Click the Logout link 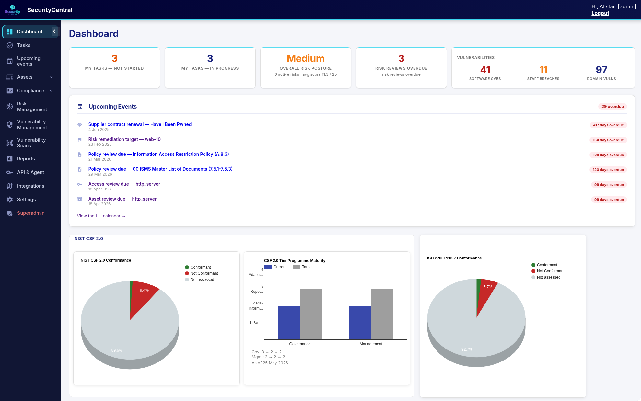[600, 13]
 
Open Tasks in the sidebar [24, 45]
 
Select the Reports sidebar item [26, 159]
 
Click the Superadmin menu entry [31, 213]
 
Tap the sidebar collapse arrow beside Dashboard [54, 31]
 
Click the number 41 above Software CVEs [485, 70]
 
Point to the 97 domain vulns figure [601, 70]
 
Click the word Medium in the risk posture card [306, 58]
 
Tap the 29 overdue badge [612, 107]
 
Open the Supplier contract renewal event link [140, 124]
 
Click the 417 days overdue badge [608, 125]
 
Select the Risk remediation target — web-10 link [124, 139]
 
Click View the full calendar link [101, 216]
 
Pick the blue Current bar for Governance [289, 323]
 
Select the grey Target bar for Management [382, 314]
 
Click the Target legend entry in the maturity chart [303, 267]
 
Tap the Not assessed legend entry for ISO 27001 [546, 277]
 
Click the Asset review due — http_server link [122, 199]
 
